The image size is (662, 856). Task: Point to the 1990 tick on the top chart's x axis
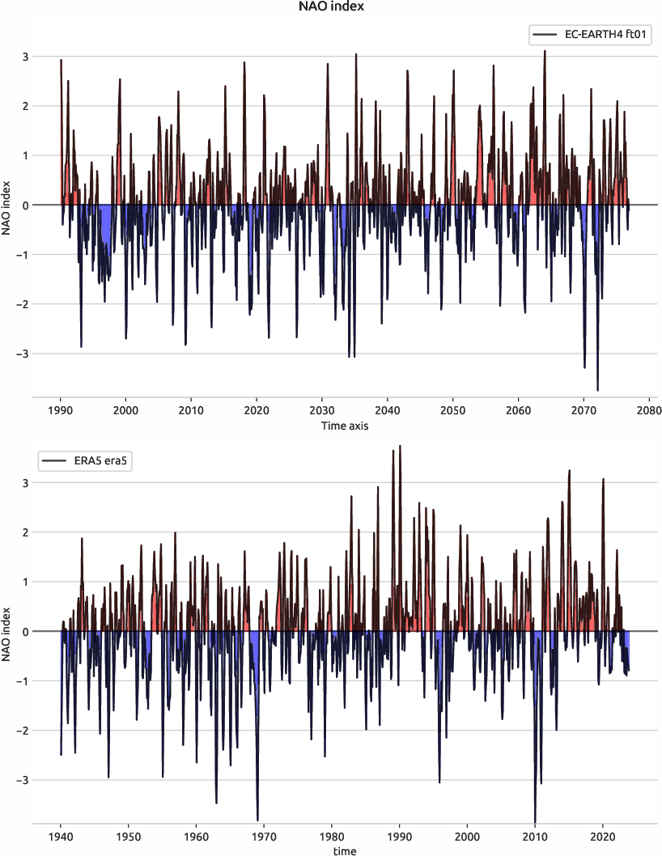click(x=61, y=411)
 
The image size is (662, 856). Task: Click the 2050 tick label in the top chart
click(x=452, y=411)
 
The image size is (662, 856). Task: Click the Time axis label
click(x=344, y=426)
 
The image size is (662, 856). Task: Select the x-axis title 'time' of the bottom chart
click(x=344, y=850)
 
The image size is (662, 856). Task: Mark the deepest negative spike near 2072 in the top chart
click(x=597, y=390)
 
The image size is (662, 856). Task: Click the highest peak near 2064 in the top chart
click(x=545, y=51)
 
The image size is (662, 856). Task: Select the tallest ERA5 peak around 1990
click(x=400, y=447)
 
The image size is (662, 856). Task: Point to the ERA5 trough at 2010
click(x=535, y=820)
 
